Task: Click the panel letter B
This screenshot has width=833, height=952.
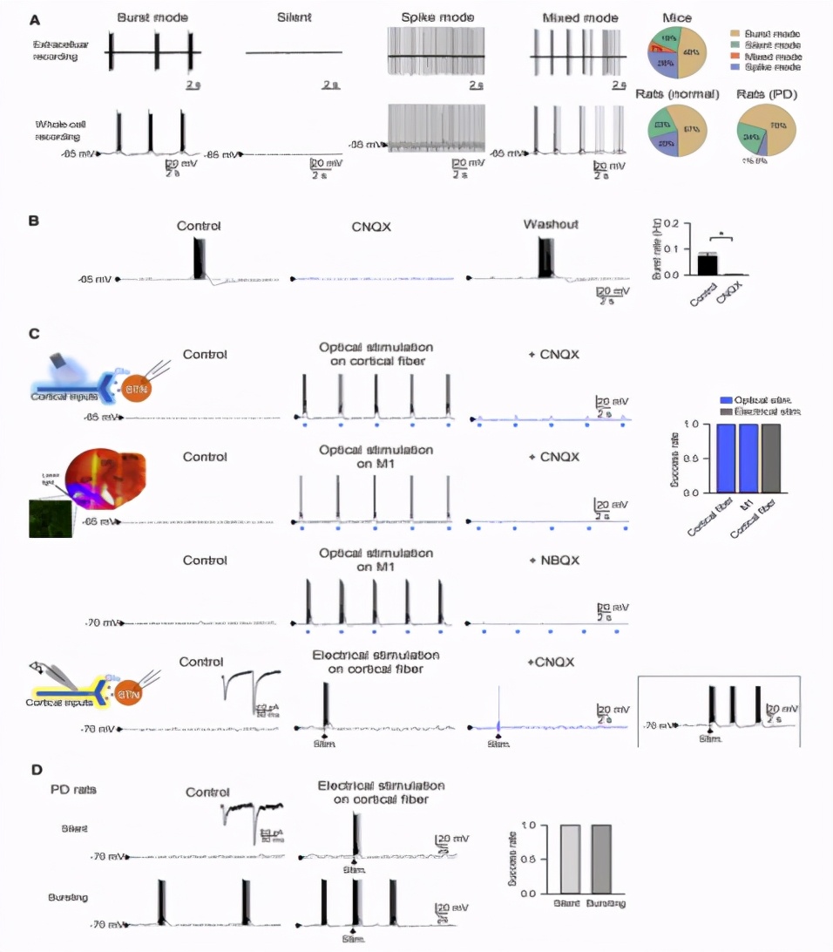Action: tap(34, 221)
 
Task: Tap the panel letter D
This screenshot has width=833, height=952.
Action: tap(36, 770)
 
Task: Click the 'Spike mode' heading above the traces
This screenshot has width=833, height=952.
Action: tap(433, 17)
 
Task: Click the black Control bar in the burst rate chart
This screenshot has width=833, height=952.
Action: tap(707, 264)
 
